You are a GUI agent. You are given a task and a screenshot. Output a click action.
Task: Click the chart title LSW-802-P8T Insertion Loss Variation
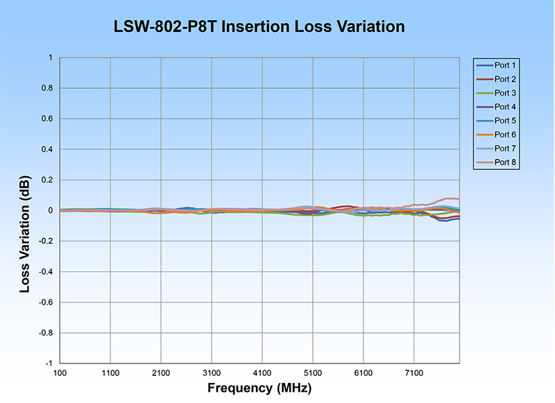[259, 27]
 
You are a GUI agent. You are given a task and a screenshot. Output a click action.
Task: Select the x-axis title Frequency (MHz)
[258, 387]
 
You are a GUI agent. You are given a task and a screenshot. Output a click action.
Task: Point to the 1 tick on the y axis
[49, 58]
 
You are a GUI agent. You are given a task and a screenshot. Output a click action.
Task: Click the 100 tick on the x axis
[60, 372]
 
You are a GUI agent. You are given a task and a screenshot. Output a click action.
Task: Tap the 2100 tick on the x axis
[161, 372]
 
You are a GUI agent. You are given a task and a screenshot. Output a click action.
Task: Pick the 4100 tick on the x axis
[262, 372]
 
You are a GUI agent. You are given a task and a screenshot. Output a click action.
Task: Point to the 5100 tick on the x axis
[313, 372]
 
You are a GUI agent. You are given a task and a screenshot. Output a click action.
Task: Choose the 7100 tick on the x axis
[414, 372]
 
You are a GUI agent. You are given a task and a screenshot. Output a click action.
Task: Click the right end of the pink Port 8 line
[459, 199]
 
